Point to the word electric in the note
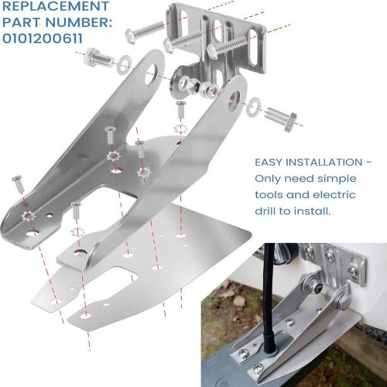point(341,194)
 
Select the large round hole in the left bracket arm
point(153,74)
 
